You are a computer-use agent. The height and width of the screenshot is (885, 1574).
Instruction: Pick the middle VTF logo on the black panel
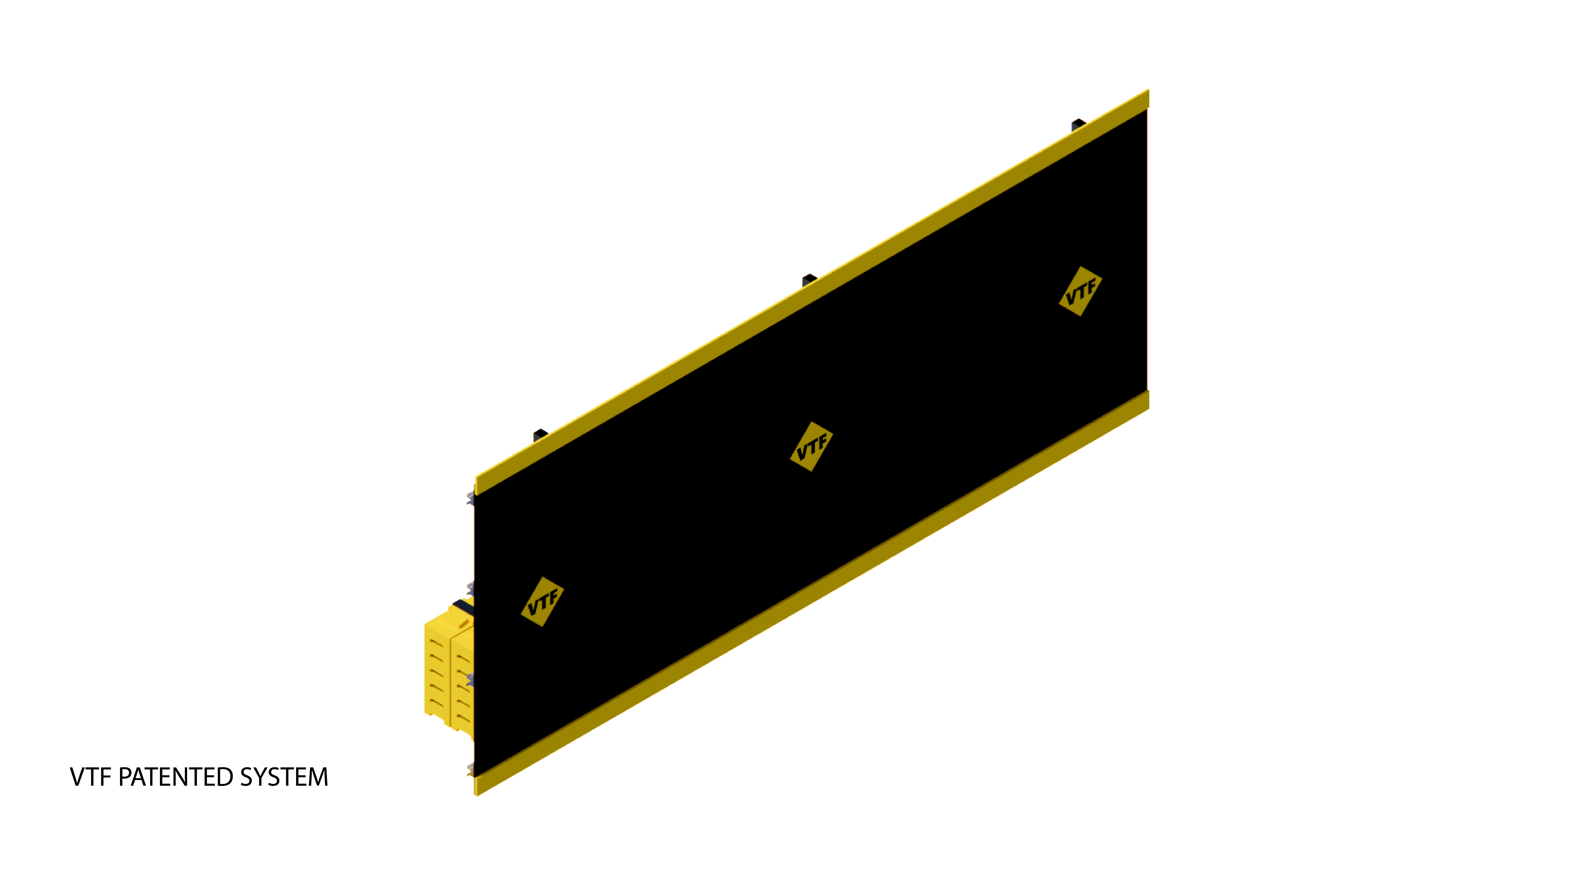[x=811, y=447]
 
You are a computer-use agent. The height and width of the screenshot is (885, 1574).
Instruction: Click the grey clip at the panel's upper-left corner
[x=471, y=498]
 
